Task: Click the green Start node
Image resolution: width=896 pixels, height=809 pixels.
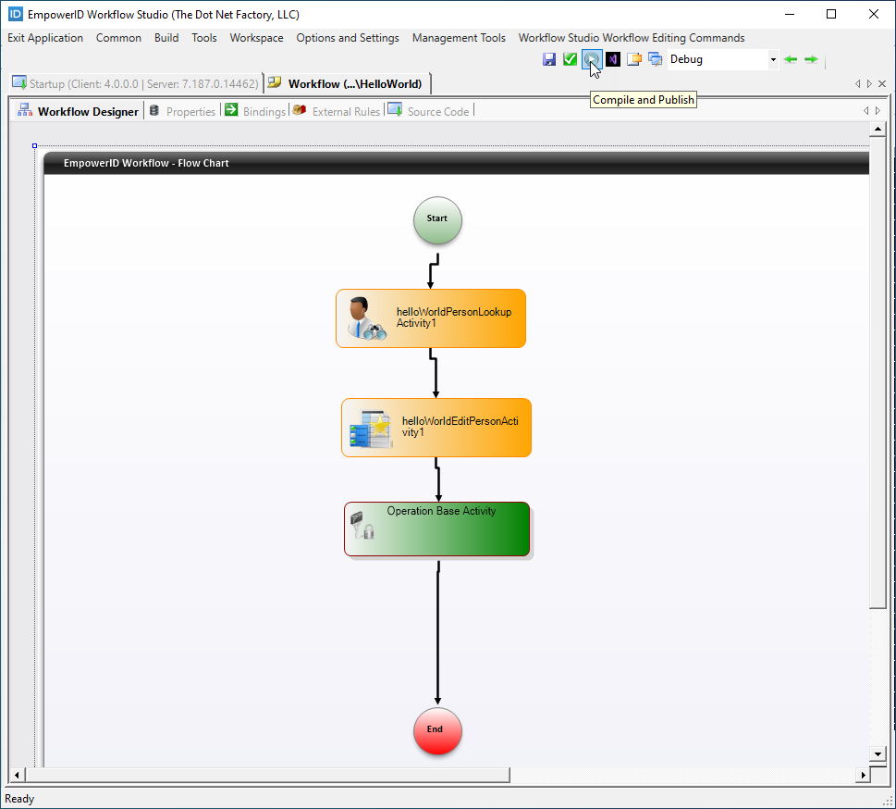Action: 437,220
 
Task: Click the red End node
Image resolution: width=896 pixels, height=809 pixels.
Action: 437,730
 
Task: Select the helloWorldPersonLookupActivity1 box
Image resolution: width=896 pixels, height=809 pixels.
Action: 431,318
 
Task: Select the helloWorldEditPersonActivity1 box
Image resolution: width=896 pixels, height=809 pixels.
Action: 436,428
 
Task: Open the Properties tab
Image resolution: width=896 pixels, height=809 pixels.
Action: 190,111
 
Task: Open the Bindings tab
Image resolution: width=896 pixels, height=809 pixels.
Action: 264,111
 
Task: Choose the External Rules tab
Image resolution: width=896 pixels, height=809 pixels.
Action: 345,111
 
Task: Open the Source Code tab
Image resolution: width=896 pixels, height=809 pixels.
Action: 437,111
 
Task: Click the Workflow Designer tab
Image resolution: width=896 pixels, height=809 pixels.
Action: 87,111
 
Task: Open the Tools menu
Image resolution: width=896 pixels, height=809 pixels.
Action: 204,38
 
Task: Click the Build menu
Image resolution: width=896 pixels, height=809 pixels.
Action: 166,38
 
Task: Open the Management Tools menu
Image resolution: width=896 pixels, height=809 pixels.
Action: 459,38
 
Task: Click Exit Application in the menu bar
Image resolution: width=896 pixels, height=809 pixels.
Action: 45,38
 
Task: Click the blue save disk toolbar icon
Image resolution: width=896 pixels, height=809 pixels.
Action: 549,59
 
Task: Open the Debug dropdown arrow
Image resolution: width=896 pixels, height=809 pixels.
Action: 773,59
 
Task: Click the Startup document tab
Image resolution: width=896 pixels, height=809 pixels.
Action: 135,83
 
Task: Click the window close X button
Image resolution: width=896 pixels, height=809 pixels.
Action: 874,14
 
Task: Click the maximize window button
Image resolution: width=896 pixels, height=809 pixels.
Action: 831,14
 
